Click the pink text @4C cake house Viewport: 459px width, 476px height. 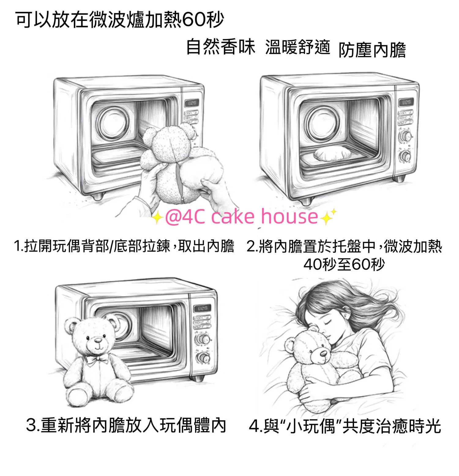click(x=241, y=217)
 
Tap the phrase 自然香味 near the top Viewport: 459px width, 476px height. click(x=221, y=47)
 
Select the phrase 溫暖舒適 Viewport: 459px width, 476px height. click(x=297, y=47)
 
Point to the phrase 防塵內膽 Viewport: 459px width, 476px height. click(x=372, y=50)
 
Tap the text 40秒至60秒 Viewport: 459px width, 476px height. click(x=344, y=265)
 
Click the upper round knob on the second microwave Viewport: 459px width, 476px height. click(x=405, y=136)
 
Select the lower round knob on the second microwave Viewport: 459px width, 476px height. click(x=405, y=157)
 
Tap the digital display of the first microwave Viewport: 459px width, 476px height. click(x=191, y=103)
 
